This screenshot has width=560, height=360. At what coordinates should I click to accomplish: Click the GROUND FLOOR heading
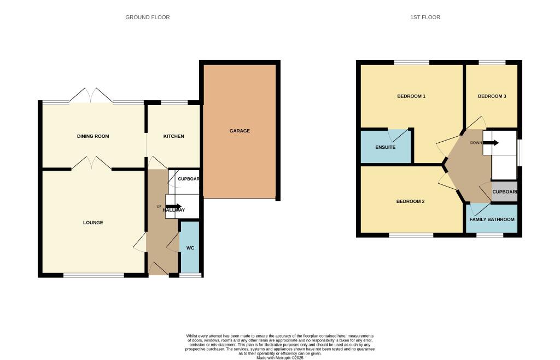tap(148, 18)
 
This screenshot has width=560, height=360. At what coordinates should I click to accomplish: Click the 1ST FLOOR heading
tap(425, 18)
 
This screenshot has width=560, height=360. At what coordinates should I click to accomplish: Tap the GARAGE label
tap(240, 131)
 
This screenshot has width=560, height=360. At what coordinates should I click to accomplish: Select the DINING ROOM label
tap(93, 136)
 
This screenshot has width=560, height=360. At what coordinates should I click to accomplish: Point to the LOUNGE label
tap(93, 223)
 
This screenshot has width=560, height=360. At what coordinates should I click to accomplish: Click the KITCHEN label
tap(173, 136)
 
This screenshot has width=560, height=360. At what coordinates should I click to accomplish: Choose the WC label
tap(190, 248)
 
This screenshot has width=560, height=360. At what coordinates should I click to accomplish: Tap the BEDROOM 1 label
tap(411, 96)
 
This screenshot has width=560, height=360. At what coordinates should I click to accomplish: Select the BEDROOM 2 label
tap(410, 201)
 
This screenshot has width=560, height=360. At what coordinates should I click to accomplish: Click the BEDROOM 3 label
tap(492, 96)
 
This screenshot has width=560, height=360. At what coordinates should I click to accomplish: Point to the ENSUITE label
tap(386, 147)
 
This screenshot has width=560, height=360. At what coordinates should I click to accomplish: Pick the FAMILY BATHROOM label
tap(492, 219)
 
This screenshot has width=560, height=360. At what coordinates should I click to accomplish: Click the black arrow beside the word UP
tap(173, 206)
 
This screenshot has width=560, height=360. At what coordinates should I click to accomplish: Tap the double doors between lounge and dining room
tap(91, 162)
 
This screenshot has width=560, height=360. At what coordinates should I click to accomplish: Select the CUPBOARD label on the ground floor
tap(188, 179)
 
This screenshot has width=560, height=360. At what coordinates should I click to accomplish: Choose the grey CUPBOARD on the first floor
tap(505, 192)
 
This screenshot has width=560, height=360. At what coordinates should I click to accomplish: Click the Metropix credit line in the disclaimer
tap(279, 358)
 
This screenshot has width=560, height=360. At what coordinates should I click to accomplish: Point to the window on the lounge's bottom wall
tap(94, 275)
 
